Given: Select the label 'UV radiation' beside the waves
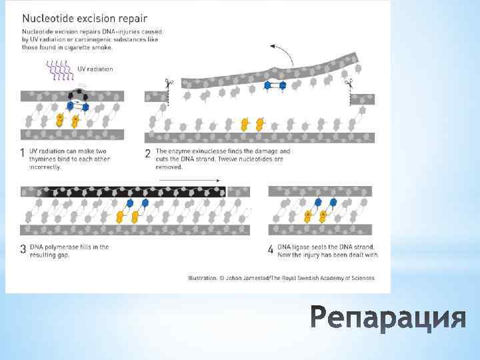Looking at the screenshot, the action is click(x=95, y=69).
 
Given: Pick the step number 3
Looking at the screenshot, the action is click(x=23, y=249).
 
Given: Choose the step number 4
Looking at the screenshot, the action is click(x=270, y=249).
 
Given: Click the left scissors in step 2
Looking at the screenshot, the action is click(x=168, y=83).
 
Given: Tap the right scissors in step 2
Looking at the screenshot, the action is click(x=348, y=83).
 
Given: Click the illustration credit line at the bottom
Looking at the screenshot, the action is click(x=281, y=278).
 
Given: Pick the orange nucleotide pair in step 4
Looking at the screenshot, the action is click(x=315, y=216).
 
